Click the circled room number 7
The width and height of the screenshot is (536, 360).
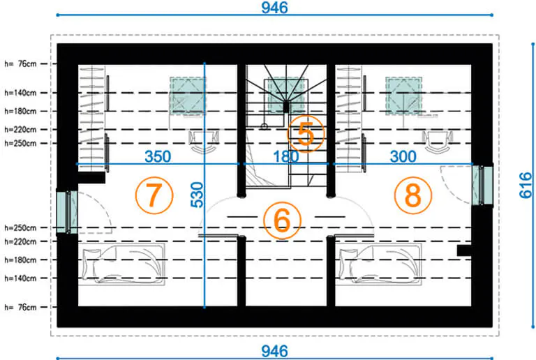click(154, 195)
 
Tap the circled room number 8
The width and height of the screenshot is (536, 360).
click(413, 195)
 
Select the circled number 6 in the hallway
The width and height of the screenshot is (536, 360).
click(283, 220)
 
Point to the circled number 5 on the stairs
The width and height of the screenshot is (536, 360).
click(306, 134)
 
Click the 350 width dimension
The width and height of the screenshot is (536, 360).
click(158, 156)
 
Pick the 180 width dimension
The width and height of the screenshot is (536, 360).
click(285, 156)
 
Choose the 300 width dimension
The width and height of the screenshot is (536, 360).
click(403, 156)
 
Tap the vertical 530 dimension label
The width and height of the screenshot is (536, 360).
click(197, 195)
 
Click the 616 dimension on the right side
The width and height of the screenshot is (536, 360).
click(526, 185)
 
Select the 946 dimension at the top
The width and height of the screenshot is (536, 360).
click(274, 8)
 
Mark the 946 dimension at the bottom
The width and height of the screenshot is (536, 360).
click(274, 351)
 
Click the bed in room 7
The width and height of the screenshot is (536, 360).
click(121, 264)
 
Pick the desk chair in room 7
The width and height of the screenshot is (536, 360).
click(204, 142)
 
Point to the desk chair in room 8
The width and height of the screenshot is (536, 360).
click(438, 142)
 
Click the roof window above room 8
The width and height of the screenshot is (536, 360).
click(403, 96)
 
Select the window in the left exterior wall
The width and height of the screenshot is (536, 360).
click(67, 212)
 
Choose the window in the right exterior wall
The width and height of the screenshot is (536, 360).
click(482, 185)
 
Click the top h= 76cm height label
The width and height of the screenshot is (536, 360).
click(20, 64)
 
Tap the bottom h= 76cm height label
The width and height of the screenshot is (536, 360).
click(20, 307)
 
